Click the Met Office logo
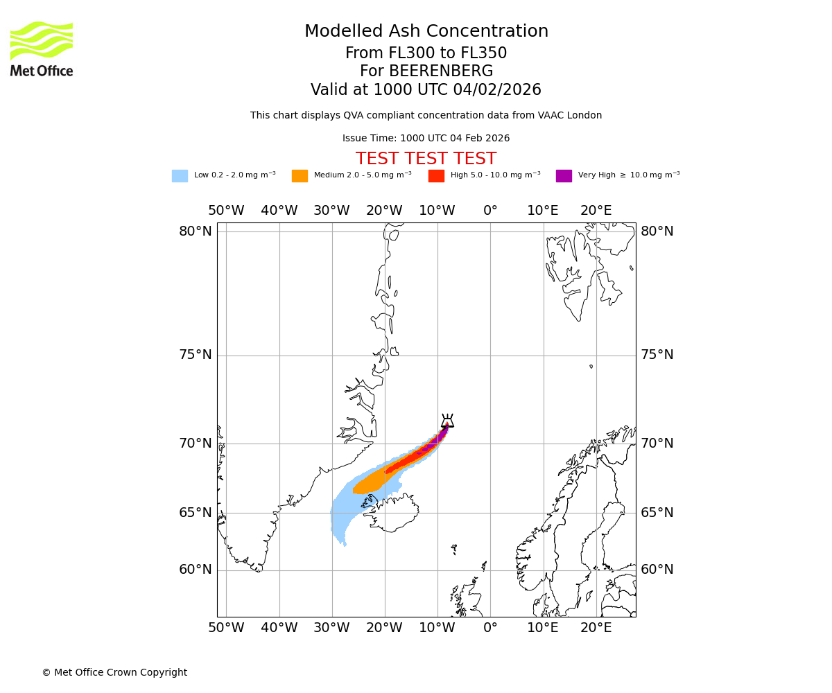click(x=42, y=49)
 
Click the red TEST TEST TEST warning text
click(x=426, y=159)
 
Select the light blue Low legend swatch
click(x=180, y=175)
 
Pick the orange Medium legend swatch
click(x=300, y=175)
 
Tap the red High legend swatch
click(x=436, y=175)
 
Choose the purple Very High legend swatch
click(x=564, y=175)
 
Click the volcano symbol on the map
click(x=447, y=421)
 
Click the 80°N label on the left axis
click(x=196, y=231)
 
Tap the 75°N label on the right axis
click(x=657, y=355)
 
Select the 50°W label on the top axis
click(x=226, y=211)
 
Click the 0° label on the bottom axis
click(x=490, y=628)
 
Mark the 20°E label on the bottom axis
click(x=596, y=628)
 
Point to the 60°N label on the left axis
click(x=196, y=570)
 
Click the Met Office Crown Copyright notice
click(x=114, y=672)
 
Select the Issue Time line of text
click(x=426, y=138)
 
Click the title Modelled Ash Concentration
click(x=426, y=31)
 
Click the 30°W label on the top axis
click(x=331, y=211)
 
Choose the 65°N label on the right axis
click(x=657, y=513)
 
